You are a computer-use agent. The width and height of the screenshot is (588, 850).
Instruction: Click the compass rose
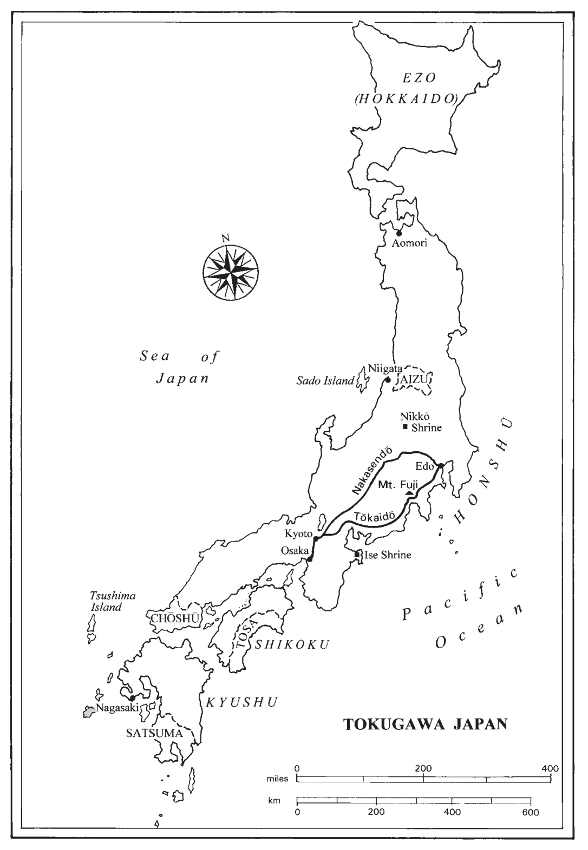click(230, 272)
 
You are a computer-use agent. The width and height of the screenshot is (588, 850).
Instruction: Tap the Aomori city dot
click(399, 234)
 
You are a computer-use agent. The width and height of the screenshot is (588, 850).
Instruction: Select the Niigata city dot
click(387, 380)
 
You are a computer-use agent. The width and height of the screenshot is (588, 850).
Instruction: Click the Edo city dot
click(441, 466)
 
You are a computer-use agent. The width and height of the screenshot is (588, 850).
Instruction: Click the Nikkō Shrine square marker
click(405, 427)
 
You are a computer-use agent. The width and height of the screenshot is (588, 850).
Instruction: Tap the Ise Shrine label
click(388, 555)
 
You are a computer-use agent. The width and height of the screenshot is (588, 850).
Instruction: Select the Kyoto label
click(298, 534)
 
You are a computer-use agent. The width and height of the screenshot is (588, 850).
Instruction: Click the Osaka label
click(293, 550)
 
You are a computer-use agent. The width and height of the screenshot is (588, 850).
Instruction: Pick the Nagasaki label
click(115, 708)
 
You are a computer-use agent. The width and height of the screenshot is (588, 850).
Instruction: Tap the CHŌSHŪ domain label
click(175, 618)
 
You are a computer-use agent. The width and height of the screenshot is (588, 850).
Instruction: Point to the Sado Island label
click(325, 381)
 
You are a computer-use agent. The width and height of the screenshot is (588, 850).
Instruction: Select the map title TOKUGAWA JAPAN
click(426, 724)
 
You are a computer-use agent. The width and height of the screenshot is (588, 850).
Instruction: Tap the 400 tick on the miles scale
click(551, 779)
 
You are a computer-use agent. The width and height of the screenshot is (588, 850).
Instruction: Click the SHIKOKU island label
click(292, 644)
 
